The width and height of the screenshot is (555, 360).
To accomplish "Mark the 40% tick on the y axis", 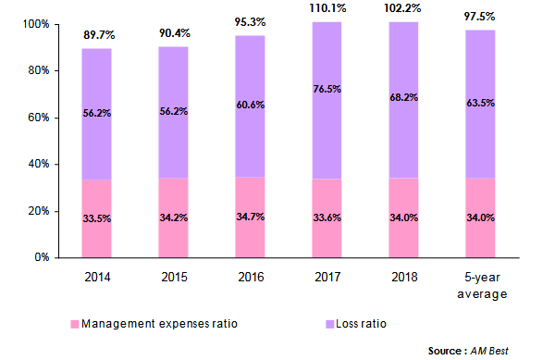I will click(36, 164).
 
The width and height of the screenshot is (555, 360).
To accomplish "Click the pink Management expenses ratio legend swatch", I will click(75, 325).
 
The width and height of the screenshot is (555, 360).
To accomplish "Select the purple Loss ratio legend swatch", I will click(329, 325).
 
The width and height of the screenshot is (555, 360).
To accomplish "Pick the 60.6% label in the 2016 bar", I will click(252, 105).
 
